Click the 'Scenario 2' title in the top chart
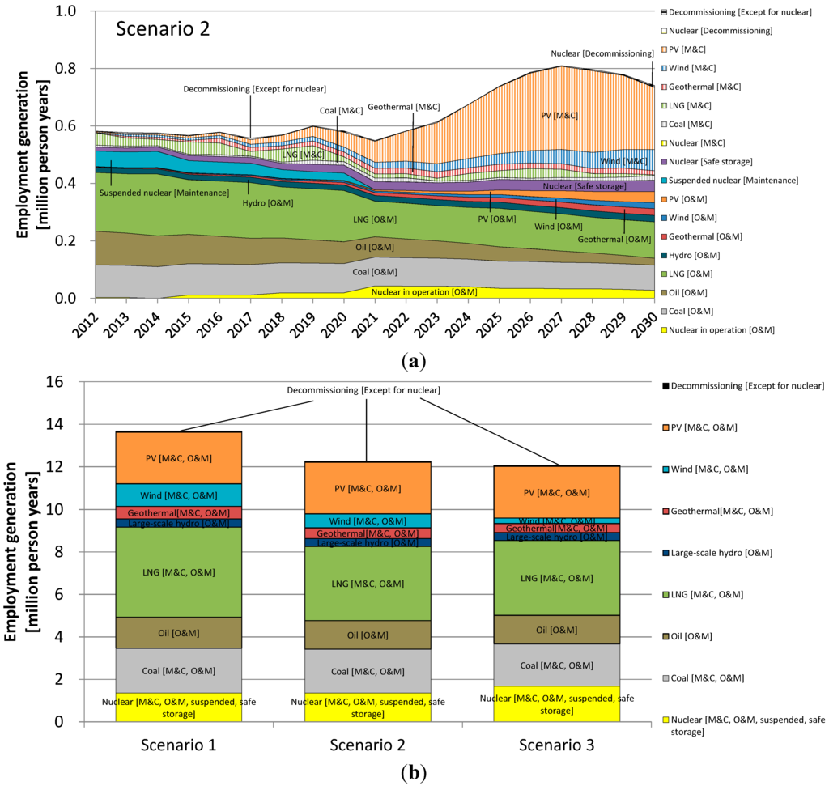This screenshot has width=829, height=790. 164,29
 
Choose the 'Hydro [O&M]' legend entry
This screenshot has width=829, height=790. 697,254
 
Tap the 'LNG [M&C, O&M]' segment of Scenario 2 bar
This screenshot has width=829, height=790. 367,584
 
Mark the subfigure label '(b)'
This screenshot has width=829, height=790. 413,773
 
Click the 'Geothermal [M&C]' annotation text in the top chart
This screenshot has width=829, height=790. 404,107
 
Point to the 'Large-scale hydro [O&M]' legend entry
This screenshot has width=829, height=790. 720,553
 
